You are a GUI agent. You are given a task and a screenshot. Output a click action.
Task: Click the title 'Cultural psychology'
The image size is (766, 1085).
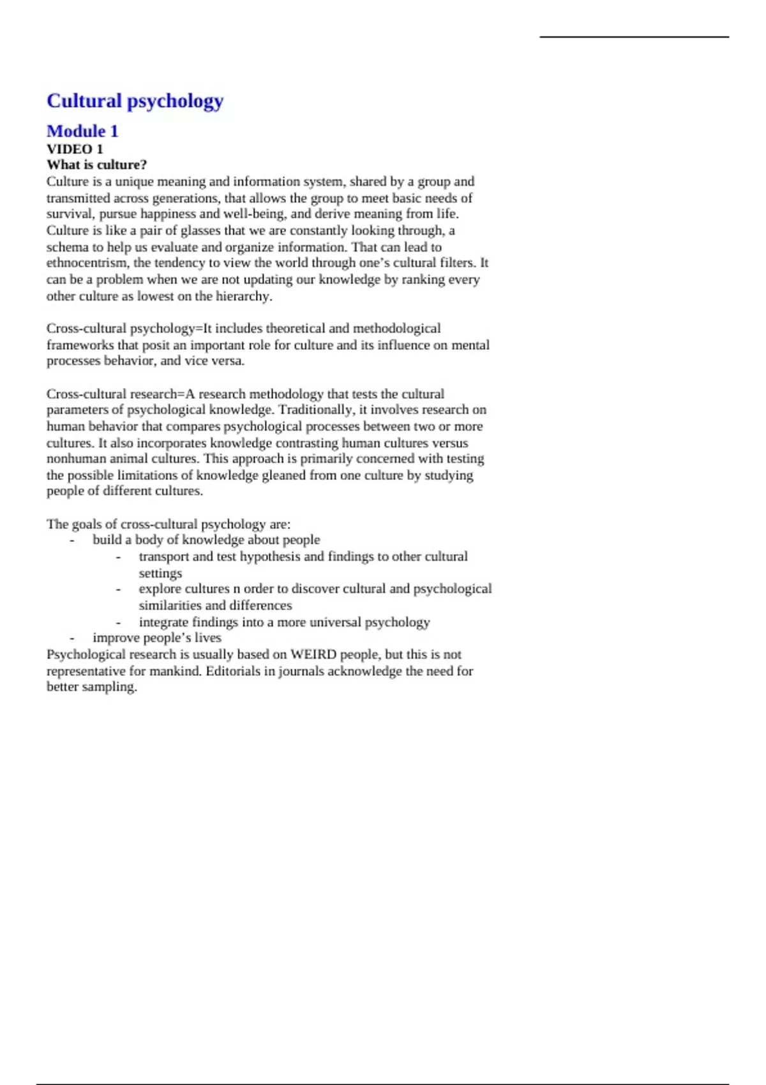click(x=135, y=101)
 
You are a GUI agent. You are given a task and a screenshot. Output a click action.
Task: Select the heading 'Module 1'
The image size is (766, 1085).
click(x=82, y=131)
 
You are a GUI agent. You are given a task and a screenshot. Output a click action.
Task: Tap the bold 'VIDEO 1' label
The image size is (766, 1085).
click(x=75, y=149)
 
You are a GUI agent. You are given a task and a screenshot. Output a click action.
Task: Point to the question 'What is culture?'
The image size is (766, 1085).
click(x=96, y=165)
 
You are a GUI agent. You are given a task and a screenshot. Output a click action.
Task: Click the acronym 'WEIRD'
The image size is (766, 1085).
click(x=313, y=655)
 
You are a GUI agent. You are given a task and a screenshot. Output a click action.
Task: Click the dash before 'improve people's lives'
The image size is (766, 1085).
click(x=72, y=638)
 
